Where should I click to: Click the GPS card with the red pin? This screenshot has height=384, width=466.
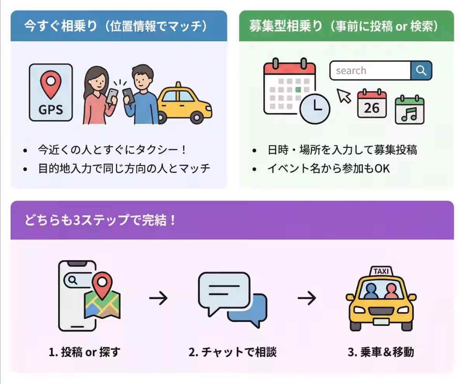(x=51, y=93)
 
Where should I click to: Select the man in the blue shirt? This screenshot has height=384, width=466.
(x=141, y=97)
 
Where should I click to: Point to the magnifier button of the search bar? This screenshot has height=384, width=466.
(x=421, y=71)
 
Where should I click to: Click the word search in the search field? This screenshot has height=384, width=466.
(x=351, y=71)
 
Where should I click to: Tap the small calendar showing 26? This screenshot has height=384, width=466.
(x=372, y=104)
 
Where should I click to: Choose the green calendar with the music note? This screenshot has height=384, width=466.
(x=409, y=109)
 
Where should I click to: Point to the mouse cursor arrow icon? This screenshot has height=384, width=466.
(x=344, y=95)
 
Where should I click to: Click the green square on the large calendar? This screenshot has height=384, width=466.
(x=298, y=90)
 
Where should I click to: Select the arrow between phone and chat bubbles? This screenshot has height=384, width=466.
(x=158, y=298)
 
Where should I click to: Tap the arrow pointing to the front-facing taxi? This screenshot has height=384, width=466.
(x=307, y=298)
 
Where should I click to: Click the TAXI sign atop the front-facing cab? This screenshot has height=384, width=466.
(x=381, y=271)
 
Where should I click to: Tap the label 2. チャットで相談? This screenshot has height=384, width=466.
(x=232, y=352)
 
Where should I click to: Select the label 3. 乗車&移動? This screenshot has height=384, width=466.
(x=381, y=352)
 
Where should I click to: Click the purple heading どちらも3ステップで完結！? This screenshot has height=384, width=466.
(x=101, y=220)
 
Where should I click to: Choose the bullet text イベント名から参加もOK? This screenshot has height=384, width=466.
(x=329, y=169)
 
